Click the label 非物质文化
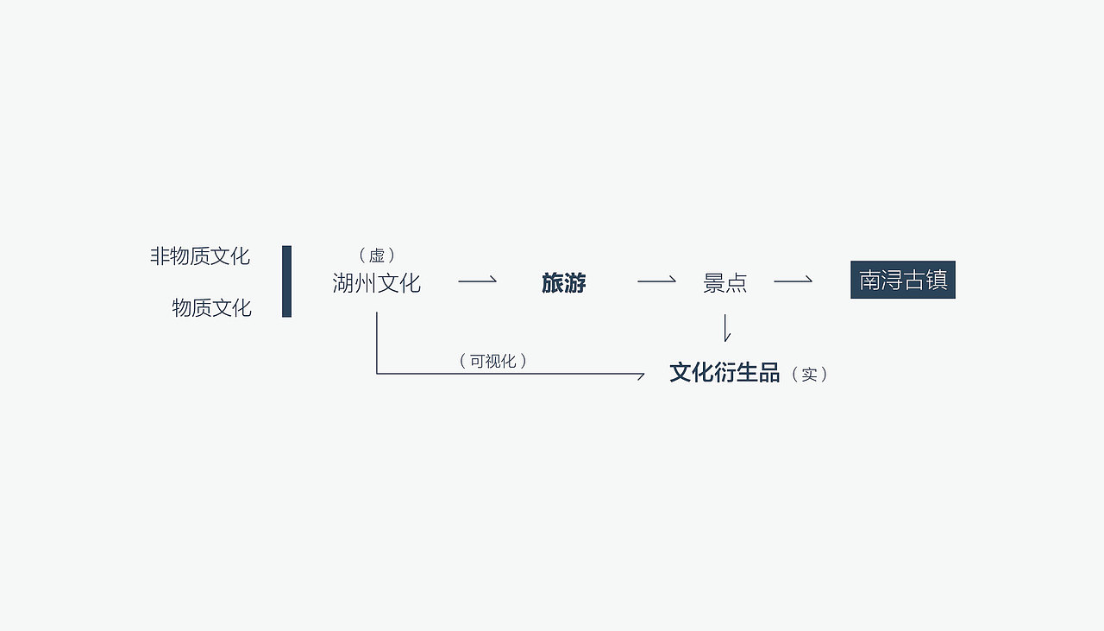pos(200,256)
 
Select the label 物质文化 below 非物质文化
pos(211,308)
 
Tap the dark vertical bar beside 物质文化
pos(286,281)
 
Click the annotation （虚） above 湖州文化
pos(377,256)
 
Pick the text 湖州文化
pos(376,283)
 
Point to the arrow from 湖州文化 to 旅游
pos(477,281)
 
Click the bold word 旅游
pos(563,283)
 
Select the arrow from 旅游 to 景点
pos(656,281)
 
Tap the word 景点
pos(724,283)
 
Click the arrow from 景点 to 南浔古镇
pos(793,281)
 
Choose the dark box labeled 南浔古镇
pos(902,281)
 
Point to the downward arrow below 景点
pos(726,328)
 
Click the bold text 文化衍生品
pos(724,373)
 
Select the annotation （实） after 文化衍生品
pos(809,375)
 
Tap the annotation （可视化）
pos(492,361)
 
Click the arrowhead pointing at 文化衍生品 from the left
pos(640,375)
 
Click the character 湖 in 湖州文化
pos(343,283)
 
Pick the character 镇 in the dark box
pos(937,281)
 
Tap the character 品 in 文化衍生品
pos(769,373)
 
